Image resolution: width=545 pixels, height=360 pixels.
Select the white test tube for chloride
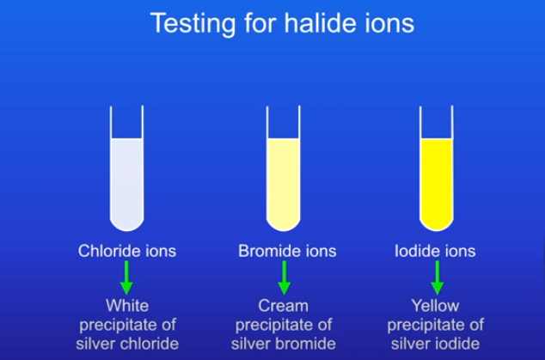[x=127, y=168]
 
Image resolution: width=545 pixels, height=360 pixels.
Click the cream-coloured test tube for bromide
[x=284, y=168]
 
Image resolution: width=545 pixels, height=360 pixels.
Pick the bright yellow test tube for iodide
[x=437, y=168]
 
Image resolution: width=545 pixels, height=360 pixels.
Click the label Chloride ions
[x=127, y=251]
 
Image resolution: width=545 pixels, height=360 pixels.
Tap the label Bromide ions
[x=287, y=251]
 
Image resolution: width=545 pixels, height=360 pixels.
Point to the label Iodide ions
[x=435, y=251]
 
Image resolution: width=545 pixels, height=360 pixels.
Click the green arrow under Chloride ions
[x=126, y=278]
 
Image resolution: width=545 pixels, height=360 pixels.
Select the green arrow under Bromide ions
[x=285, y=278]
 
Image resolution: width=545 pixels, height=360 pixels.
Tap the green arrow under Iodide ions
[x=438, y=278]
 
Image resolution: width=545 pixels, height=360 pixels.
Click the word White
[x=127, y=306]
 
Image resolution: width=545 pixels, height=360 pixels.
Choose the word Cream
[x=284, y=306]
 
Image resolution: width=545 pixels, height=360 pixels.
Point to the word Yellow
[x=436, y=306]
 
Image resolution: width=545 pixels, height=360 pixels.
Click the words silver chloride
[x=127, y=344]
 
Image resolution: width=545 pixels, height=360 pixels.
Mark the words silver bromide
[x=284, y=344]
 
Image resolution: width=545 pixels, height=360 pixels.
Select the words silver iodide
[x=436, y=344]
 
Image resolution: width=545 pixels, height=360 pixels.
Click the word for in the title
[x=260, y=23]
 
